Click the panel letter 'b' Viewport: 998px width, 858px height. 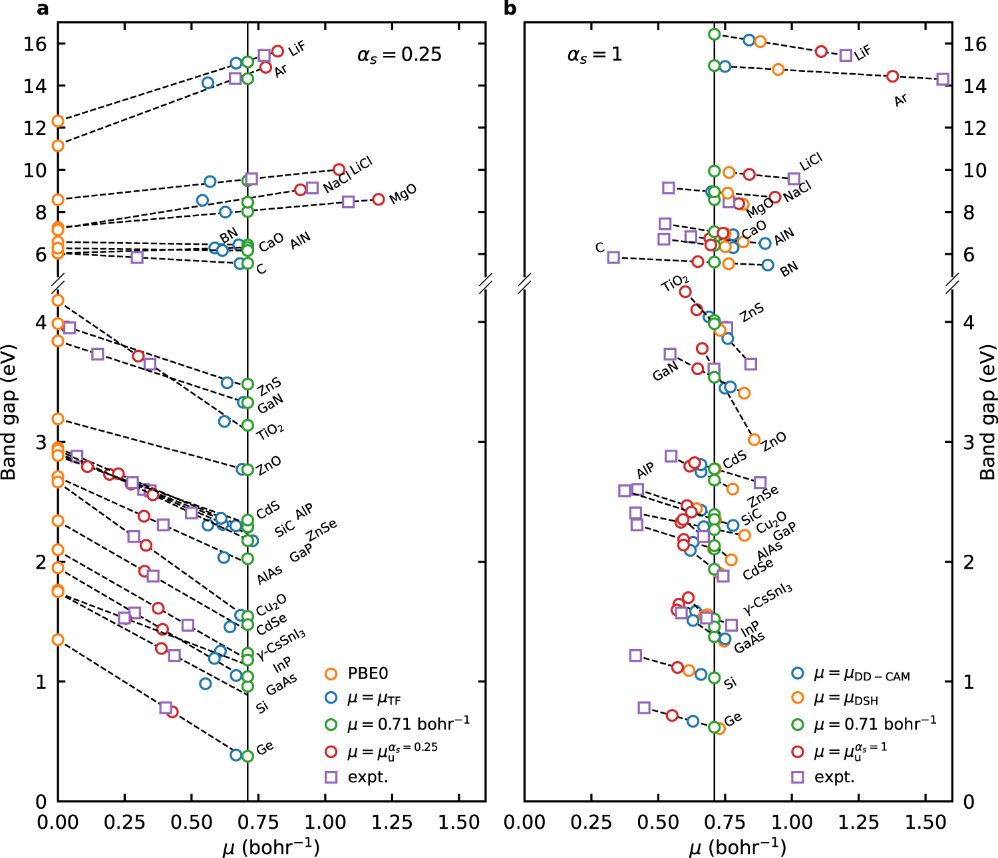tap(510, 9)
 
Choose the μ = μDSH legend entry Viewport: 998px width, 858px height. tap(846, 699)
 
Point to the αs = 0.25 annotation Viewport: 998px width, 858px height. tap(399, 55)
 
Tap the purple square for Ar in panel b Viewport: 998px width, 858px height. tap(942, 79)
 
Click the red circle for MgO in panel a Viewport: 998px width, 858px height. tap(379, 199)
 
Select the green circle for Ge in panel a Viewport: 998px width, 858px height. tap(248, 756)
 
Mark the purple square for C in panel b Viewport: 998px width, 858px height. tap(613, 257)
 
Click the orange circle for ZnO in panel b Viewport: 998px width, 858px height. tap(754, 440)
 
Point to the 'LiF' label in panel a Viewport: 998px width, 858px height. tap(297, 48)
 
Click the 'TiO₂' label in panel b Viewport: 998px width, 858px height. tap(675, 284)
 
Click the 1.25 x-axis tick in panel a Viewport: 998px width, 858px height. tap(392, 823)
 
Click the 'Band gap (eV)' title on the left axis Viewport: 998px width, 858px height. tap(9, 412)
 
